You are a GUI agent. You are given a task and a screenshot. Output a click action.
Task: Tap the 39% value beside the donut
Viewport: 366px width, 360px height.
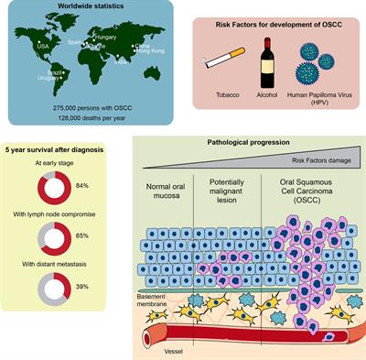point(82,286)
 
